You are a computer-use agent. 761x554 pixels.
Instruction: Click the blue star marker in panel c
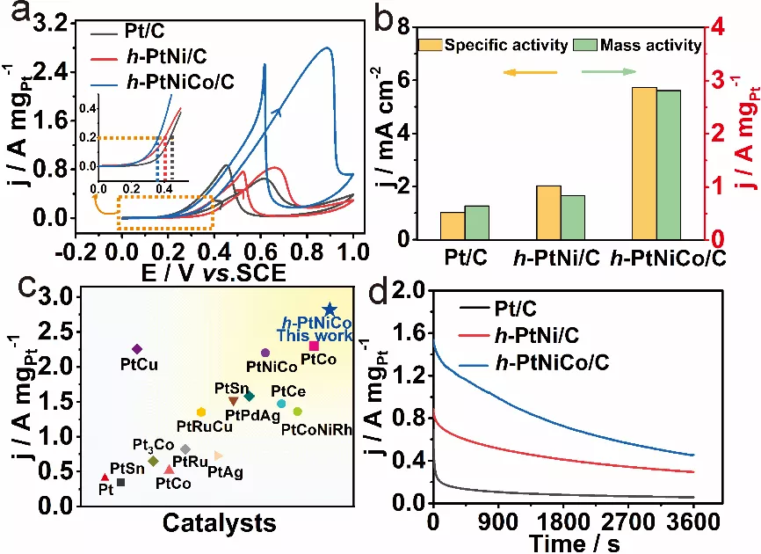click(330, 309)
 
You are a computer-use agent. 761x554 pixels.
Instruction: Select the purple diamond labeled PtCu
click(136, 349)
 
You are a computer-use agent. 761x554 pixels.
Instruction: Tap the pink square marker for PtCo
click(314, 346)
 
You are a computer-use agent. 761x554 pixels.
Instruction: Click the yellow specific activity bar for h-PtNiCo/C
click(644, 164)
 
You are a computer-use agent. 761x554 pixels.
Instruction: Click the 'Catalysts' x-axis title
click(220, 522)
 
